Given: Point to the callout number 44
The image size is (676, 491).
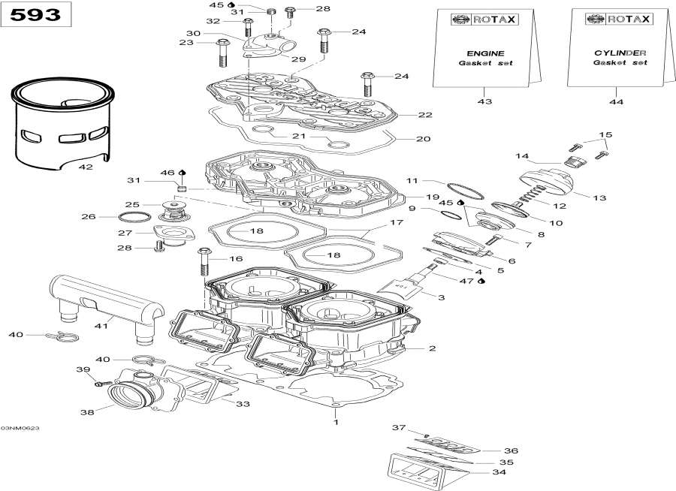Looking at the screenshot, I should [x=617, y=101].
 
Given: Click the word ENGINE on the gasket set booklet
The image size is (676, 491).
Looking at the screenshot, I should [x=485, y=53].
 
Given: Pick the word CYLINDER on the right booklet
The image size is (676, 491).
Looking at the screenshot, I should [x=619, y=53].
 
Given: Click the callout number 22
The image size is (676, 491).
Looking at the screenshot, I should [x=425, y=115].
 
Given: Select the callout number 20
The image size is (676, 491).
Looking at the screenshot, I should [x=424, y=139].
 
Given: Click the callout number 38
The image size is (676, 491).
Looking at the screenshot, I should [x=87, y=411].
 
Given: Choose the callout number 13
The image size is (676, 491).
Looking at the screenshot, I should [x=599, y=198].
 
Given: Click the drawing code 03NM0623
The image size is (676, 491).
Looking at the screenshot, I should [x=20, y=428].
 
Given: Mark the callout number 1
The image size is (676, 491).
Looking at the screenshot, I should [x=336, y=422].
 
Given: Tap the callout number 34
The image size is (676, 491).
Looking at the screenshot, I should [x=498, y=472].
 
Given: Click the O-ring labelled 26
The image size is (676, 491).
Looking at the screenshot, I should [x=134, y=218].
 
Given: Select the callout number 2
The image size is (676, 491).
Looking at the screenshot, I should [x=432, y=348].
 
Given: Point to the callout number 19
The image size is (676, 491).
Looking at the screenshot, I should [x=432, y=197].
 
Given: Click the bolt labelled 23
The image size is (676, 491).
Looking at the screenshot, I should [x=223, y=50].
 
